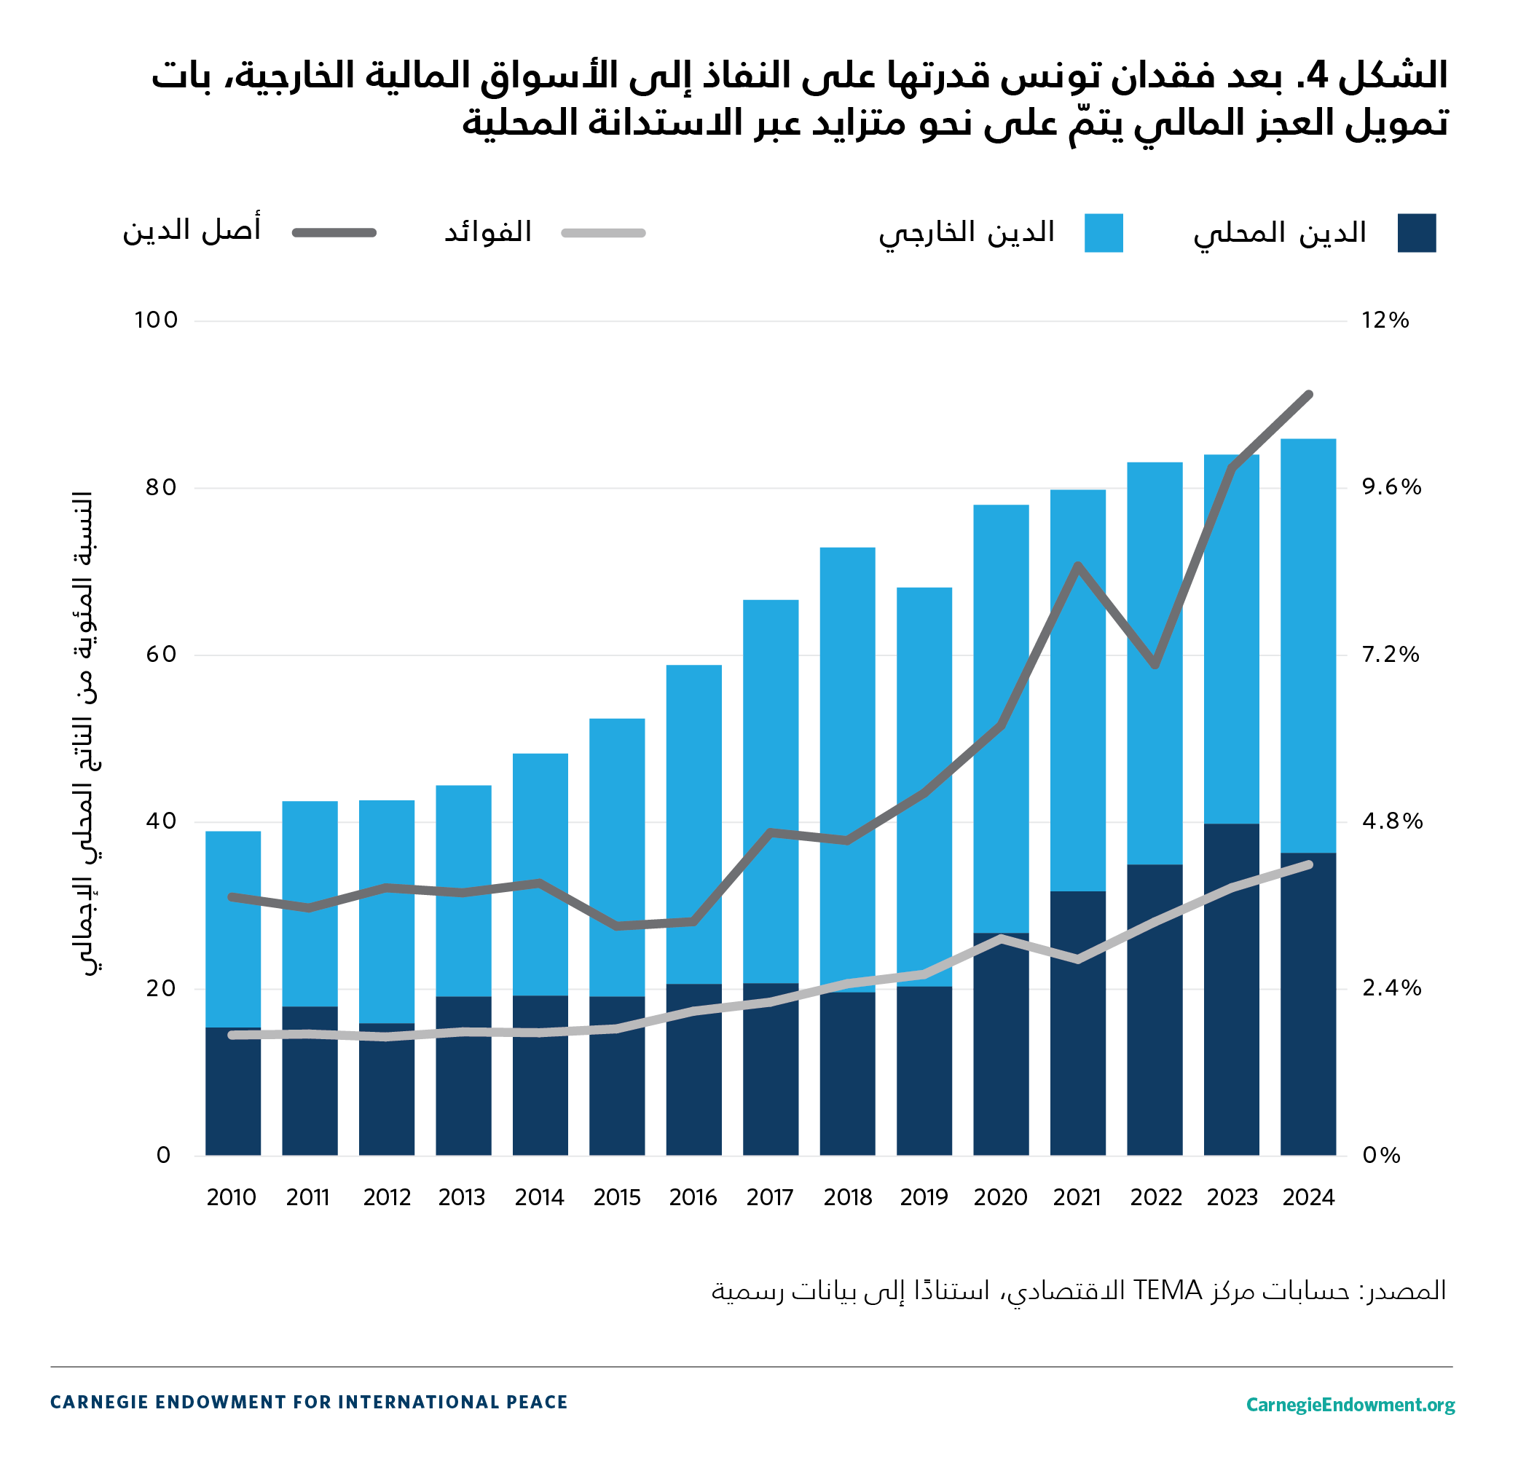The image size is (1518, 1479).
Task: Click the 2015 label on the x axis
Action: (x=617, y=1197)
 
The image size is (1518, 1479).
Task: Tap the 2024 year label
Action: (x=1308, y=1197)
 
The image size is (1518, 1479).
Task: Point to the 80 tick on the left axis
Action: (x=160, y=487)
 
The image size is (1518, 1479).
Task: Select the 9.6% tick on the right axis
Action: (x=1391, y=487)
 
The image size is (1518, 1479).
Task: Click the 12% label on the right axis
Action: (x=1385, y=320)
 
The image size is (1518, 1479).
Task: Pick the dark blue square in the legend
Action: (x=1416, y=233)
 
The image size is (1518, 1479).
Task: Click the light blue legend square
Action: (x=1103, y=233)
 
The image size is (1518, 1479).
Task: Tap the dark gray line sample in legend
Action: (x=334, y=233)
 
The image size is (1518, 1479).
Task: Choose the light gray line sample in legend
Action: (x=604, y=233)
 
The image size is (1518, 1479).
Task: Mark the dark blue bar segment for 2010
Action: (x=233, y=1103)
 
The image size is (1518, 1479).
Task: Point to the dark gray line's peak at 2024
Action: (x=1309, y=395)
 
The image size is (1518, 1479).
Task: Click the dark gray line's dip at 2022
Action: (x=1155, y=665)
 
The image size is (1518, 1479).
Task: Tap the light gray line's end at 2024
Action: (x=1310, y=864)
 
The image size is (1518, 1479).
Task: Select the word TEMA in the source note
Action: (x=1167, y=1290)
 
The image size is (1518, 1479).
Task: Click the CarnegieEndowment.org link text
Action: (x=1350, y=1405)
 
